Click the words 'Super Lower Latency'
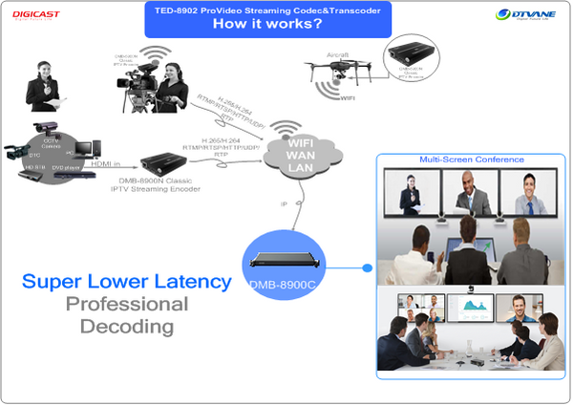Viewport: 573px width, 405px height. click(x=126, y=282)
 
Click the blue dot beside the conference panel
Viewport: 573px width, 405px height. click(x=370, y=269)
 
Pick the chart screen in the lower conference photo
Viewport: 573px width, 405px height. click(x=474, y=309)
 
